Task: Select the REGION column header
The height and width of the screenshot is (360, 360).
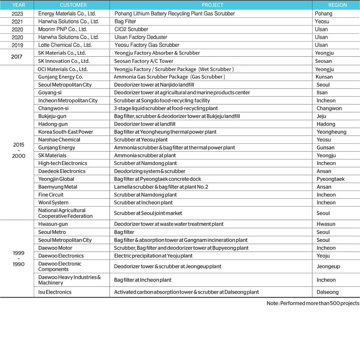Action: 337,5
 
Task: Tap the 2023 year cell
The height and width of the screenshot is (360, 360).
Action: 17,14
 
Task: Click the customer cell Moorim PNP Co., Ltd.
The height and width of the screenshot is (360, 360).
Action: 63,29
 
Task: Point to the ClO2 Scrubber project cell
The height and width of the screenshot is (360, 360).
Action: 131,29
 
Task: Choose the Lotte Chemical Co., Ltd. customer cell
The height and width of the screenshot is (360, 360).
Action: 65,45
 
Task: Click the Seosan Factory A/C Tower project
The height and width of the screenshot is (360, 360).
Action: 144,61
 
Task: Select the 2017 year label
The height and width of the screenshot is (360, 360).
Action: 17,57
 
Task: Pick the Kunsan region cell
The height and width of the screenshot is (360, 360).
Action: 324,77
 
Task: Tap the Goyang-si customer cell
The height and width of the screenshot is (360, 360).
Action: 50,93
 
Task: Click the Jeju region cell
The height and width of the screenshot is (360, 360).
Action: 321,116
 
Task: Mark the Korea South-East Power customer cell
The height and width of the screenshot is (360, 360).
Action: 65,132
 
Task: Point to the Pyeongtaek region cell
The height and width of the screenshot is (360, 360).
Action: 331,179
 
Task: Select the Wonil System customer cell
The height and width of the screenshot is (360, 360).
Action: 53,203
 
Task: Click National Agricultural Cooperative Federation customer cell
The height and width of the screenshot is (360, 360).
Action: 65,213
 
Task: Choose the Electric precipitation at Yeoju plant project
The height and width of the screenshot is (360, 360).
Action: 153,256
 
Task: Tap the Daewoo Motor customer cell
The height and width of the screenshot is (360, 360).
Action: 55,248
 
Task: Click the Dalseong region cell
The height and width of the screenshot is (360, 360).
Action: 328,292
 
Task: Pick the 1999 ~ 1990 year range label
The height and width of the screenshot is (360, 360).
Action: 19,259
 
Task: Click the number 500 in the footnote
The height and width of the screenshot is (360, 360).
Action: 335,303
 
